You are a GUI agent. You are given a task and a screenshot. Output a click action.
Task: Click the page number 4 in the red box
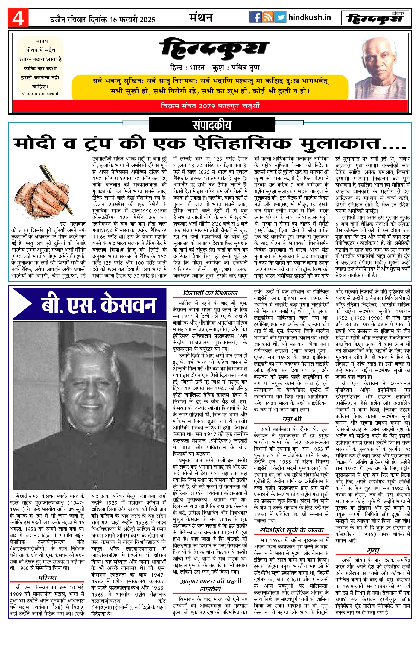pos(18,18)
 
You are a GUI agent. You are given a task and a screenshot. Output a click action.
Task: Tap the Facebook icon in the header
pos(256,17)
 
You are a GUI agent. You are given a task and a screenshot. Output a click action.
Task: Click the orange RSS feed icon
pos(268,17)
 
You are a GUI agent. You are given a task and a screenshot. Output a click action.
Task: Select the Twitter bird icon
pos(280,17)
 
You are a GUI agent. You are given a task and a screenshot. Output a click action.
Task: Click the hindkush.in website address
pos(310,18)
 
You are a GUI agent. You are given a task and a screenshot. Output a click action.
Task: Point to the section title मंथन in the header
pos(201,18)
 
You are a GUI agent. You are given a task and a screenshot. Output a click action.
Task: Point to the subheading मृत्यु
pos(373,550)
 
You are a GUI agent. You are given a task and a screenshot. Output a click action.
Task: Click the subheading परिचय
pos(47,578)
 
